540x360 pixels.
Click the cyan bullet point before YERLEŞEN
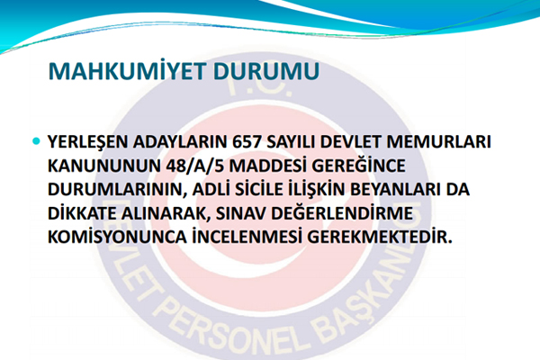tap(36, 142)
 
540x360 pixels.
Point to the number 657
tap(248, 143)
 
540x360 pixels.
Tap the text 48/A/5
tap(189, 167)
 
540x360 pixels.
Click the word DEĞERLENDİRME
tap(377, 215)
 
